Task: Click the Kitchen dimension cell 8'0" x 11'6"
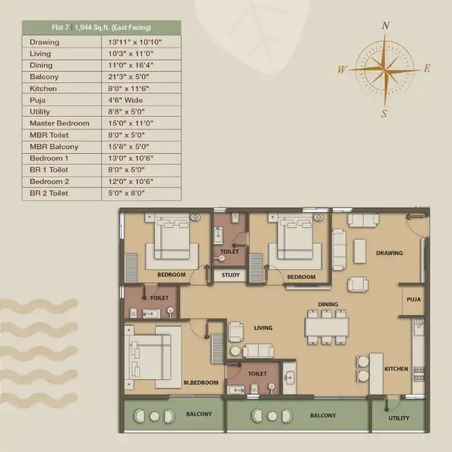pos(129,89)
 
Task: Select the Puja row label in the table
pos(38,100)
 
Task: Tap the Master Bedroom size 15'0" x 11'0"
pos(131,124)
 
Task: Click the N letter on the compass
pos(385,26)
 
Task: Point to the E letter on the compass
pos(427,68)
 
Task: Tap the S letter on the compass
pos(384,114)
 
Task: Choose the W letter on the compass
pos(342,70)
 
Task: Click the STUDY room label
pos(230,275)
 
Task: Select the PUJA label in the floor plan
pos(414,299)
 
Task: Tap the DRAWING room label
pos(389,253)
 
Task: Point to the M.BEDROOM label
pos(201,383)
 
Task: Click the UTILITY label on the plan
pos(399,418)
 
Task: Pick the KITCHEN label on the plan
pos(396,369)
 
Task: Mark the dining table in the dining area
pos(327,327)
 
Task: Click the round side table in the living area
pos(235,351)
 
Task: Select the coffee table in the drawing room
pos(360,251)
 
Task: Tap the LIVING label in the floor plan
pos(263,328)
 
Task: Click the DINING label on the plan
pos(328,304)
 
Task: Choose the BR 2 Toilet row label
pos(49,193)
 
